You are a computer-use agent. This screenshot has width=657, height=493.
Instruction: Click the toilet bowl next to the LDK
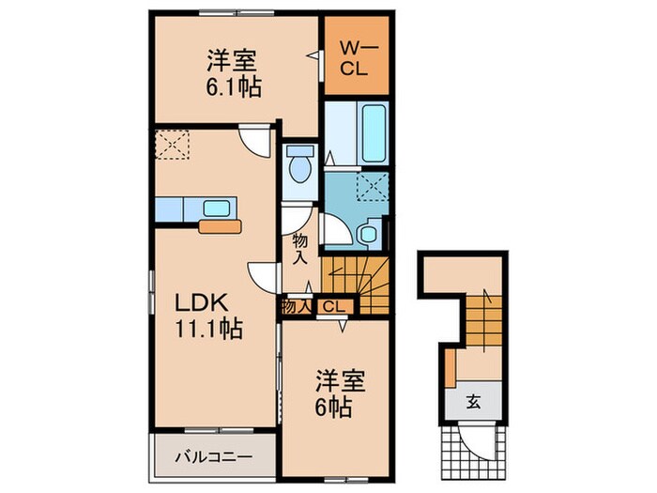(x=300, y=170)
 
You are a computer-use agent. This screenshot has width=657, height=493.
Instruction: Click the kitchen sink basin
(x=218, y=208)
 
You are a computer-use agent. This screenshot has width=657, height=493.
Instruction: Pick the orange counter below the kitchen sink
(x=220, y=225)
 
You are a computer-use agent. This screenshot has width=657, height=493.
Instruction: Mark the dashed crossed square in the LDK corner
(x=173, y=145)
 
